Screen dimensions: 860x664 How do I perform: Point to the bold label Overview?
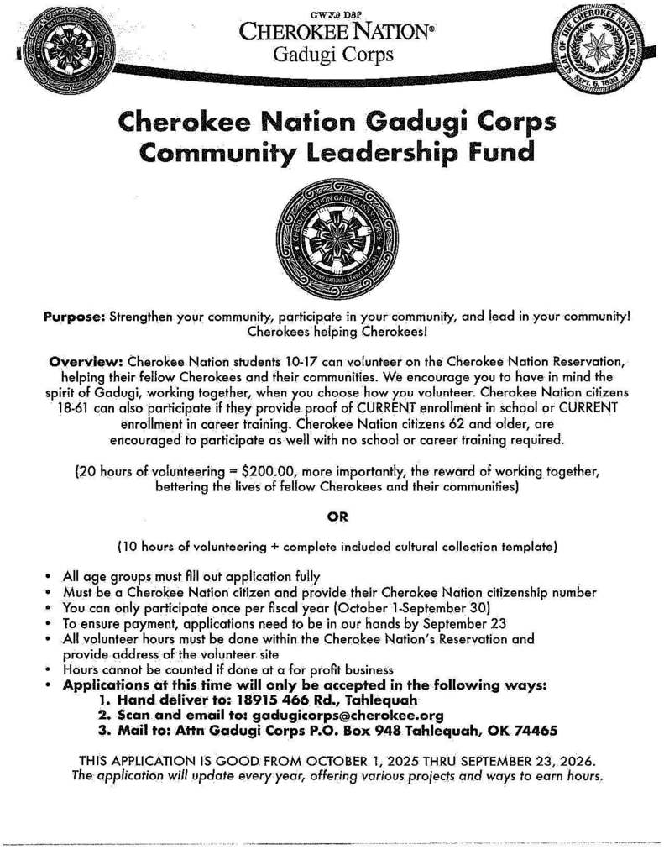coord(87,362)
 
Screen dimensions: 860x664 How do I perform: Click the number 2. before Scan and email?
coord(105,715)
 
